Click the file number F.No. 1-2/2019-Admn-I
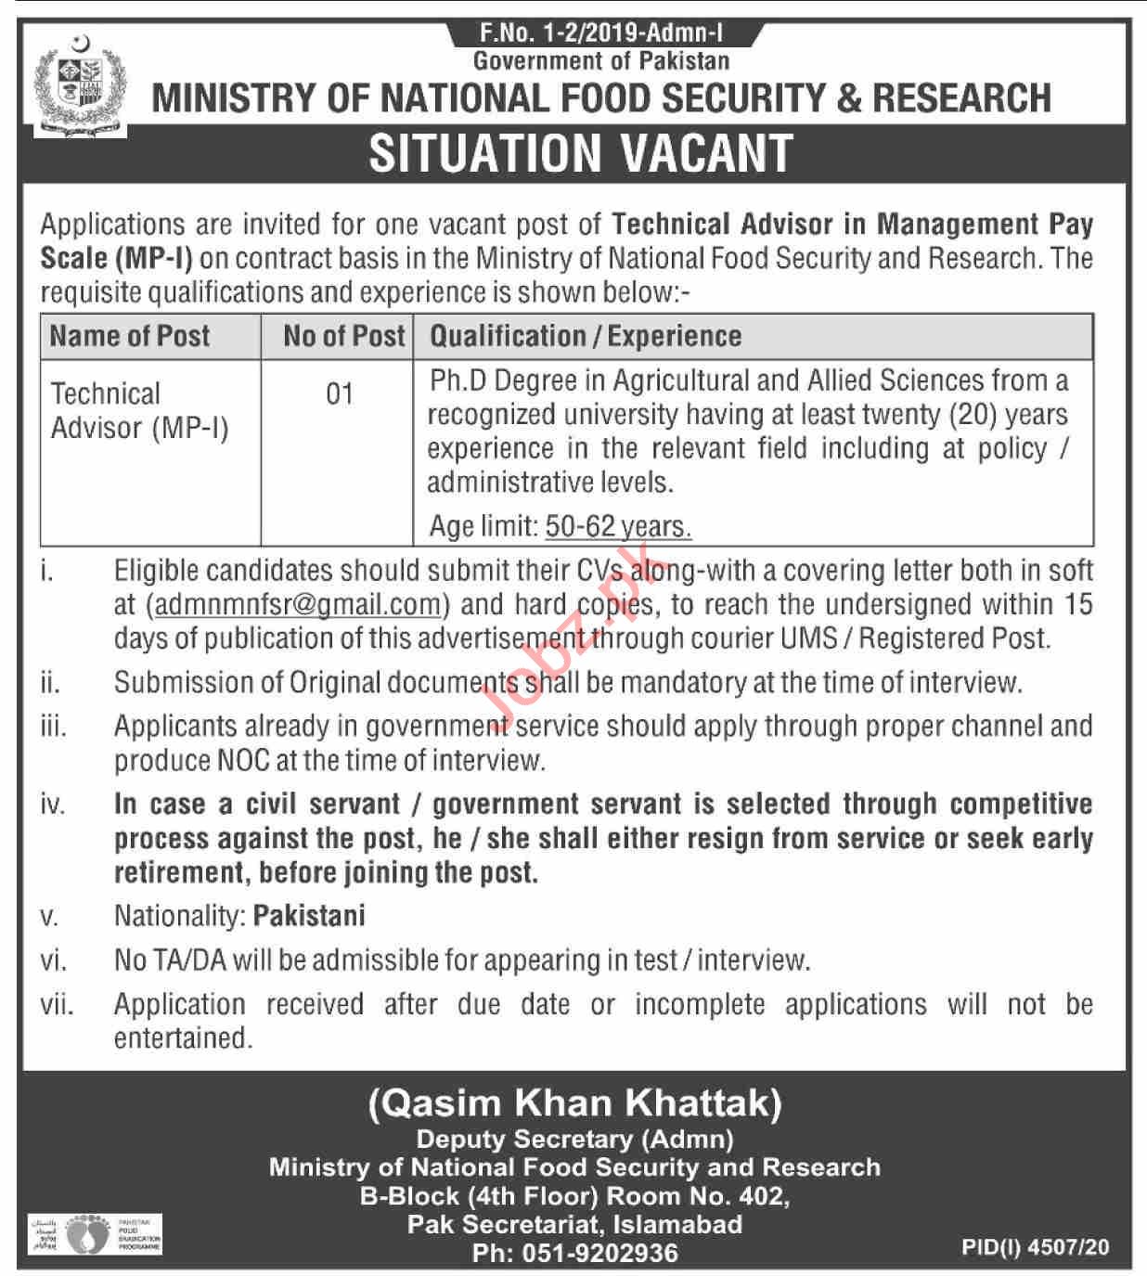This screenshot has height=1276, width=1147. [601, 34]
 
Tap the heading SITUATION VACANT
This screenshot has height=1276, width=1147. [581, 154]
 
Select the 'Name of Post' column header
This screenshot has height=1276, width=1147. [130, 336]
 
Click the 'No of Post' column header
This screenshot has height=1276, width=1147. [344, 336]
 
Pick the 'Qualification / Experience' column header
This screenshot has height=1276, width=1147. [585, 336]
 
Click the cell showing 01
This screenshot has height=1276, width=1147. [339, 394]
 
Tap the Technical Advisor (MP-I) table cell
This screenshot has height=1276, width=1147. [139, 410]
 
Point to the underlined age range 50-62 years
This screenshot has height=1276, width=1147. [617, 527]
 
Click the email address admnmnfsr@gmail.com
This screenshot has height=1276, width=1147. [297, 605]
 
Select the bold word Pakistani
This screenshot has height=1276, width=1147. [309, 916]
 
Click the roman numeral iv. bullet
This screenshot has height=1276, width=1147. [52, 805]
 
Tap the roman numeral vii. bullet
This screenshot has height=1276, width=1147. [57, 1004]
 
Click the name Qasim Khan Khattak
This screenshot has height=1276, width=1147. [574, 1103]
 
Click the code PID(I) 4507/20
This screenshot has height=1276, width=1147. [1035, 1247]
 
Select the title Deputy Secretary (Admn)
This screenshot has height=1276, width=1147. [574, 1139]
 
